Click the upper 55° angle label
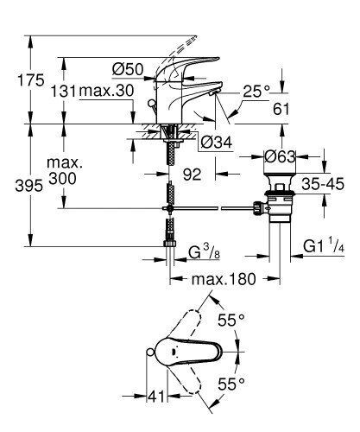click(x=231, y=319)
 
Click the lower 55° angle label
click(x=231, y=381)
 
